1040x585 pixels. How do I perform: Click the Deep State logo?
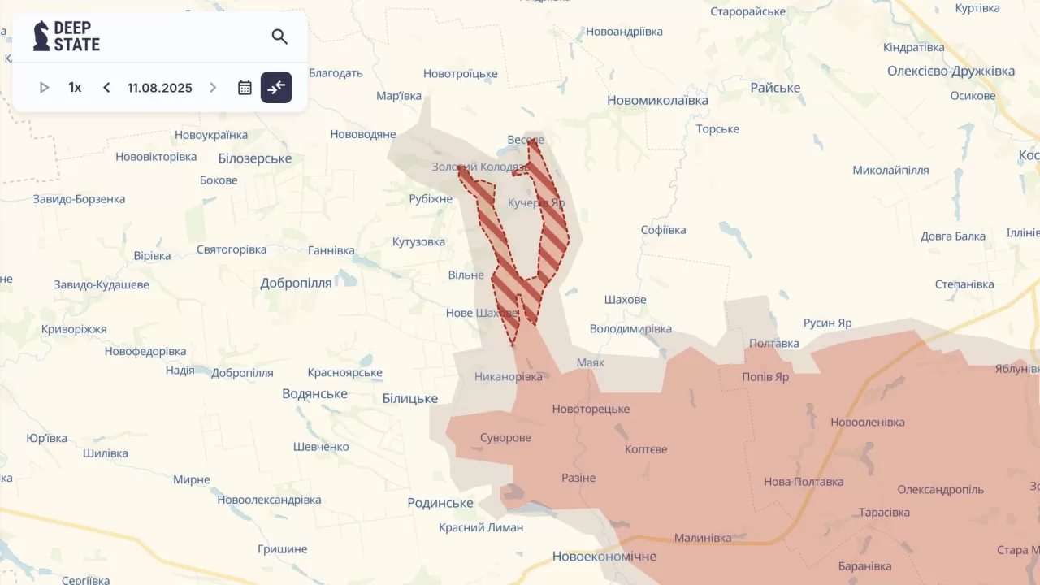coord(67,37)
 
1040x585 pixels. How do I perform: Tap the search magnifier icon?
coord(279,37)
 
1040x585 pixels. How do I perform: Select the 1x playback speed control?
coord(75,88)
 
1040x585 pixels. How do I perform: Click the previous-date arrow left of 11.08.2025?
coord(106,88)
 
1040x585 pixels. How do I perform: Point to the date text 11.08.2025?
coord(159,88)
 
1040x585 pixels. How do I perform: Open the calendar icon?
coord(245,88)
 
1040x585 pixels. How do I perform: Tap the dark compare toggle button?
coord(276,88)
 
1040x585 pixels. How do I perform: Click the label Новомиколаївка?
coord(657,101)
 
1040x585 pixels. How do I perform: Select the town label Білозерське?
coord(254,158)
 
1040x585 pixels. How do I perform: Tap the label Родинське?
coord(440,503)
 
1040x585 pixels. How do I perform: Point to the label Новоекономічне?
coord(604,557)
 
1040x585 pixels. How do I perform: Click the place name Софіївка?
coord(663,230)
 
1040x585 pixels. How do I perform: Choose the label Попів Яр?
coord(765,377)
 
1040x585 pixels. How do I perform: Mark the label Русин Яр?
coord(827,323)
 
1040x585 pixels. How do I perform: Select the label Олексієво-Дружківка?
coord(951,71)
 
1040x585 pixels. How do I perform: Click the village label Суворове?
coord(505,438)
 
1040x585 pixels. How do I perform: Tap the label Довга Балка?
coord(952,236)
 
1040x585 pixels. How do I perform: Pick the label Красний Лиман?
coord(481,527)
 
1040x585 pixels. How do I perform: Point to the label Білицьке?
coord(409,398)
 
